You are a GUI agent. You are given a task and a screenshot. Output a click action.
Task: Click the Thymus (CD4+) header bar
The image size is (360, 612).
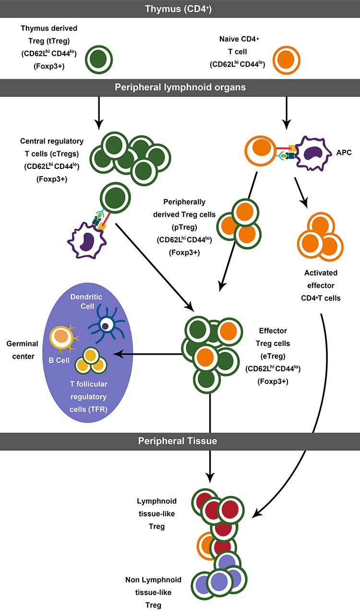180,8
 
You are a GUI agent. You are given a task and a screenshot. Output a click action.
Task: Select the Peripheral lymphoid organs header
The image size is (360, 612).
180,87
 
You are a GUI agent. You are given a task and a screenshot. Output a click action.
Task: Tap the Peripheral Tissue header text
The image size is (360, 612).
180,440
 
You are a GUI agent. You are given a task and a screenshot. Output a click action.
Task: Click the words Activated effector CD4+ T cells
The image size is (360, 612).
321,285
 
